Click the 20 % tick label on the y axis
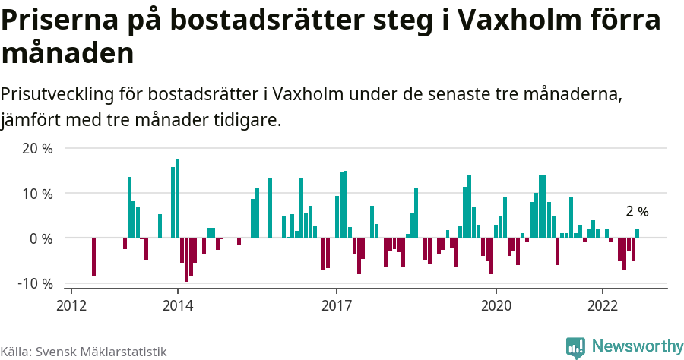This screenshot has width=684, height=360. click(37, 149)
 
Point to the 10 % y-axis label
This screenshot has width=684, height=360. click(37, 194)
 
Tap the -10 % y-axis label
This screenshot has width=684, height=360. click(35, 283)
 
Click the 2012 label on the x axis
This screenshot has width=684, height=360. click(71, 305)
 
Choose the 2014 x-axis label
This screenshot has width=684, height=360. click(178, 305)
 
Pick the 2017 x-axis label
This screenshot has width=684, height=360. click(337, 305)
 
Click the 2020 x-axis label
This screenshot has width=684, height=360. click(496, 305)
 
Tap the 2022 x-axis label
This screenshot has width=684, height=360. click(603, 305)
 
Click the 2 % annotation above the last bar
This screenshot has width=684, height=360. click(637, 212)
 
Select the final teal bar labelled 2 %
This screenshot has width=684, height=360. click(638, 233)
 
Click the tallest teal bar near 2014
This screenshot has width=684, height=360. click(177, 198)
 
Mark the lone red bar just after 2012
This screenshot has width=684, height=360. click(93, 257)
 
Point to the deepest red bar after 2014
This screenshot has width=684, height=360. click(186, 260)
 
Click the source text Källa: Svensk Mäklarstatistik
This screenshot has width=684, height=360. click(83, 352)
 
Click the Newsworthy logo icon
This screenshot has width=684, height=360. click(575, 348)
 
